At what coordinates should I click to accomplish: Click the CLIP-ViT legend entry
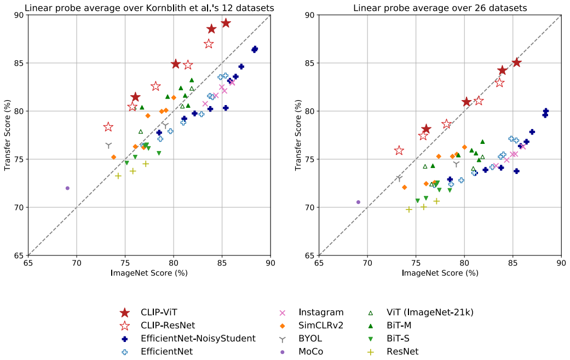(x=159, y=312)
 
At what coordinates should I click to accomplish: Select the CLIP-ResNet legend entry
(x=168, y=326)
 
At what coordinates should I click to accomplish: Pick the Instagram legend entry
(x=321, y=312)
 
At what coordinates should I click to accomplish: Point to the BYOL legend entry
(x=310, y=339)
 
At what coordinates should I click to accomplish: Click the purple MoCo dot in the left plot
(x=67, y=188)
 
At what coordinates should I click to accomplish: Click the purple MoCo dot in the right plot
(x=359, y=202)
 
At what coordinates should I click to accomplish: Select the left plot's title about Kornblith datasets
(x=149, y=8)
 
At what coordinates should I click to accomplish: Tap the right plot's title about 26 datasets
(x=440, y=8)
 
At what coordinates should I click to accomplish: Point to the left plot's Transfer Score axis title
(x=7, y=135)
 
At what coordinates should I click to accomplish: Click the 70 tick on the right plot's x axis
(x=367, y=263)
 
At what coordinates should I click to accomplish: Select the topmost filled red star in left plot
(x=226, y=23)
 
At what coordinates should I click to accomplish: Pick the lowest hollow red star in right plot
(x=399, y=150)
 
